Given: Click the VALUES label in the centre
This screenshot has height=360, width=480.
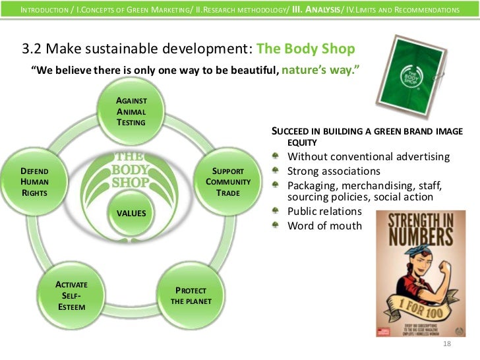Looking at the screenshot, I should (131, 213).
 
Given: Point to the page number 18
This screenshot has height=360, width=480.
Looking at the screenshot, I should (447, 345).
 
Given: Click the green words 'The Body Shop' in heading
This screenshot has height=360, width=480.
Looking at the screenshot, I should (305, 49).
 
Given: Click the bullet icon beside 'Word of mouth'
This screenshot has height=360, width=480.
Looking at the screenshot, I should (278, 226).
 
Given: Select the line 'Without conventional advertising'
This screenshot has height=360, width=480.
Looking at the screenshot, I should (369, 157).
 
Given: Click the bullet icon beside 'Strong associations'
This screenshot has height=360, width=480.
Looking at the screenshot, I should (278, 171).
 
